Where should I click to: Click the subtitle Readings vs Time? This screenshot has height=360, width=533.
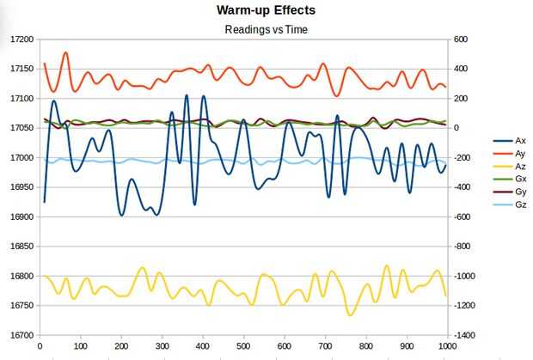266,28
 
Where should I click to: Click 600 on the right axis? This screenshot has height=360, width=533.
460,40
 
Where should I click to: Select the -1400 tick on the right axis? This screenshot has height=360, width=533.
463,335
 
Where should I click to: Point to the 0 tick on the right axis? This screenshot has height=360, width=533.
456,128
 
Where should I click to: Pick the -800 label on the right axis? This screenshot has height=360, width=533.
461,247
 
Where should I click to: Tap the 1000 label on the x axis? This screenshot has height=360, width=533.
445,346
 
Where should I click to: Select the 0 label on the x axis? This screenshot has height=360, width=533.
40,346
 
